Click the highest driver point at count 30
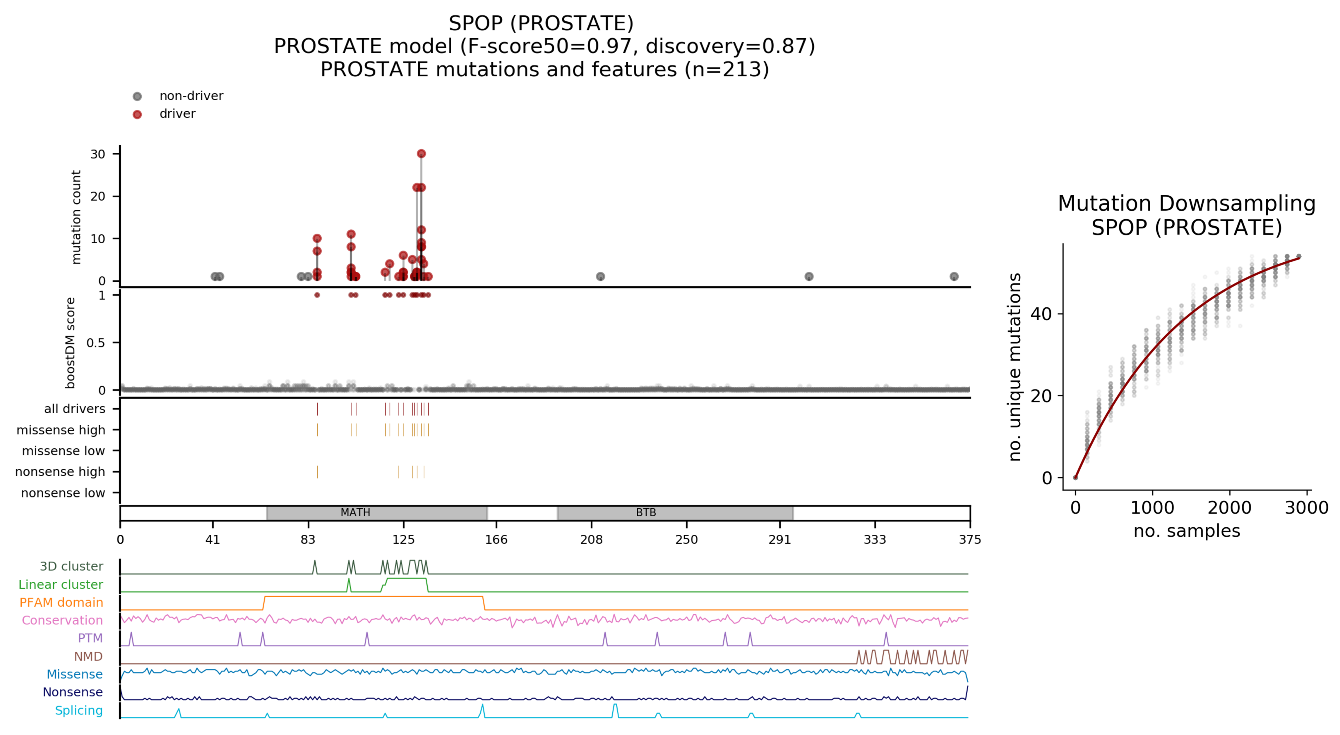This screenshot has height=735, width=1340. coord(421,154)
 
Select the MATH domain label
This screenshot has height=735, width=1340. coord(355,512)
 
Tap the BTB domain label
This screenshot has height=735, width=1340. coord(646,512)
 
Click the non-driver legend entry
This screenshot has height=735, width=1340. coord(191,96)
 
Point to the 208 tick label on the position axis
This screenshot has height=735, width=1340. coord(592,540)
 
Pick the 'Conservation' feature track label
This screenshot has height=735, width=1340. coord(62,621)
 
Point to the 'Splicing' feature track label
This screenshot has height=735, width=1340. coord(79,710)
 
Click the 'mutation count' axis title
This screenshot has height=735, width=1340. coord(76,217)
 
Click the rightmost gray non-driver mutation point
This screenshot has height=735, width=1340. coord(954,276)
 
